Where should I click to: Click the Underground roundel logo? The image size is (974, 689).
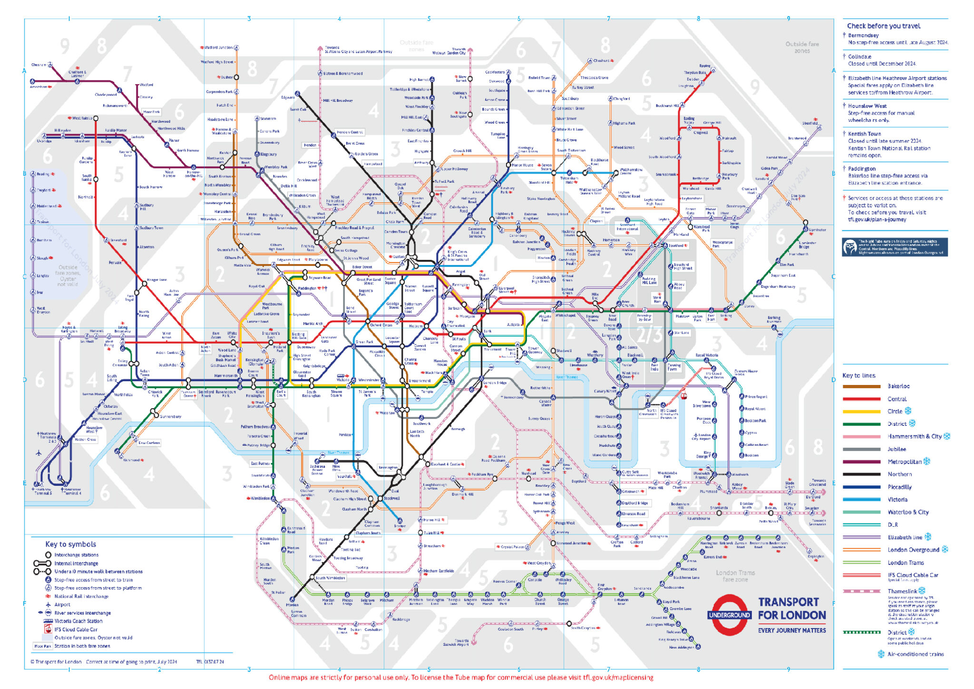(729, 615)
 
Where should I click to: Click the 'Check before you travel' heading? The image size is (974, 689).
(883, 26)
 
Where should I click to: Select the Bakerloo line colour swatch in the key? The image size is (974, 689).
(861, 386)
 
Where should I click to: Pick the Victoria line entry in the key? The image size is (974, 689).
(897, 500)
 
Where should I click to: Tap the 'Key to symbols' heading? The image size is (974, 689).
(70, 544)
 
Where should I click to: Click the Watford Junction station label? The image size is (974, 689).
(219, 48)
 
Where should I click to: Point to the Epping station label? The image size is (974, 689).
(704, 66)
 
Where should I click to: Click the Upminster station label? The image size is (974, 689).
(817, 230)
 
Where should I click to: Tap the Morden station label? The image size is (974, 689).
(292, 605)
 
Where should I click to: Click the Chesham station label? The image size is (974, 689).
(39, 65)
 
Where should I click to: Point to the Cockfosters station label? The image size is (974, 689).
(495, 72)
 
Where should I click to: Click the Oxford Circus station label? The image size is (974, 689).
(381, 325)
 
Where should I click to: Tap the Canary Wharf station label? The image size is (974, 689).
(604, 391)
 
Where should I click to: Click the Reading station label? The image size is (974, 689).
(43, 174)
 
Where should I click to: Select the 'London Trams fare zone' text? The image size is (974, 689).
(735, 576)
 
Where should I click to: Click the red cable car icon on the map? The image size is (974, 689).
(684, 396)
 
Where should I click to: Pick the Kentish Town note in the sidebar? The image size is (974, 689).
(889, 145)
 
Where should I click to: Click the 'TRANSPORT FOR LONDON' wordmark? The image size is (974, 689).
(791, 609)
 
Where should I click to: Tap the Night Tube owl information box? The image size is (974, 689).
(894, 247)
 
